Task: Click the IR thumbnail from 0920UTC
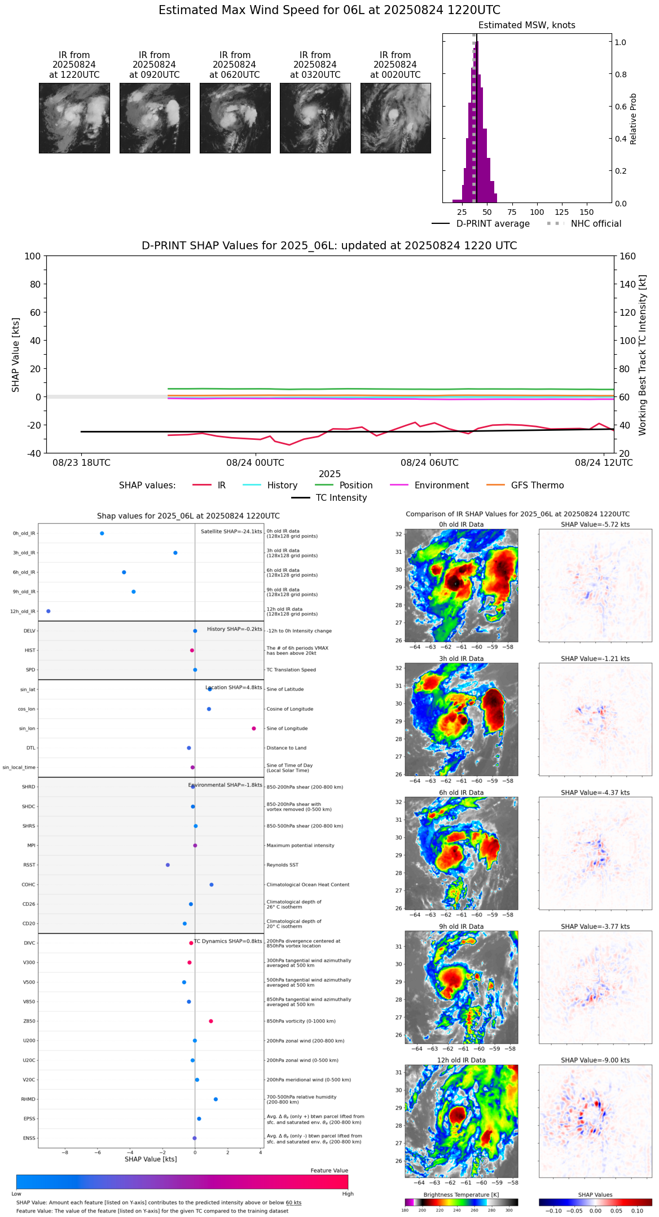(154, 118)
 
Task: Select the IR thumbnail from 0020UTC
(396, 118)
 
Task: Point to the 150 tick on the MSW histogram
(587, 212)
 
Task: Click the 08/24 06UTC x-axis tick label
(429, 463)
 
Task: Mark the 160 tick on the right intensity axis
(628, 256)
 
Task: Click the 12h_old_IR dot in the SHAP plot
(49, 611)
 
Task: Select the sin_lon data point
(254, 729)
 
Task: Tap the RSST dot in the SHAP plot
(168, 865)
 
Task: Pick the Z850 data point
(211, 1021)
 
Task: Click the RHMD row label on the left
(28, 1099)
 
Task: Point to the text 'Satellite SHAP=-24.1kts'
(231, 531)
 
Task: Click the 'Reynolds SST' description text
(282, 865)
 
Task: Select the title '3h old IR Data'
(461, 659)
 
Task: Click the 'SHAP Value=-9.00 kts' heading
(595, 1060)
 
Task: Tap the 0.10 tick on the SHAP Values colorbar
(637, 1211)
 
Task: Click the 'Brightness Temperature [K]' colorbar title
(461, 1194)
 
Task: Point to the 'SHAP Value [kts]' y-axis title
(16, 355)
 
